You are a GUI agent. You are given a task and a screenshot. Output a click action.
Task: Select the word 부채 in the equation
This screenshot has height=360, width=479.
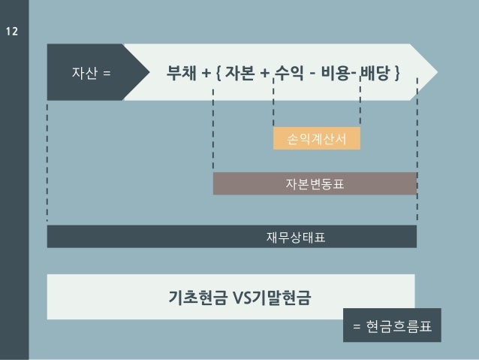click(x=183, y=74)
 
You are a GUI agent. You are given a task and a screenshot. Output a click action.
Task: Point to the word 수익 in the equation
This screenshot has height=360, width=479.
click(x=288, y=74)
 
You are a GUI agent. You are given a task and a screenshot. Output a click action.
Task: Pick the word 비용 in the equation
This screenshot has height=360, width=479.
click(x=336, y=74)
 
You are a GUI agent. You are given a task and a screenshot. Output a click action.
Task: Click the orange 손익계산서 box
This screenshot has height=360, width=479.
click(x=316, y=138)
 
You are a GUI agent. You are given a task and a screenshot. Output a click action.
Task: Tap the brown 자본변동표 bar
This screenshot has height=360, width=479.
click(x=315, y=183)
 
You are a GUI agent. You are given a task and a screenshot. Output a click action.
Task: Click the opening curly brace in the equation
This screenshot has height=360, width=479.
click(x=217, y=74)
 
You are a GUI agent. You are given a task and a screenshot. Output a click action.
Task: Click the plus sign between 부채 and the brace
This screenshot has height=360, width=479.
click(x=206, y=74)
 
